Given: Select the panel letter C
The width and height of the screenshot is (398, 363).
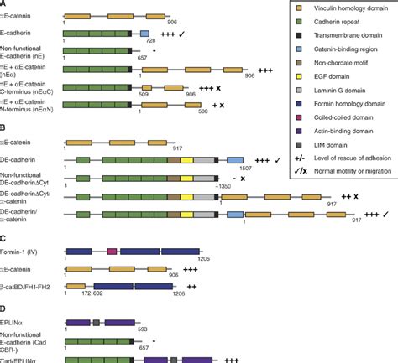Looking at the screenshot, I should (x=4, y=240).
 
